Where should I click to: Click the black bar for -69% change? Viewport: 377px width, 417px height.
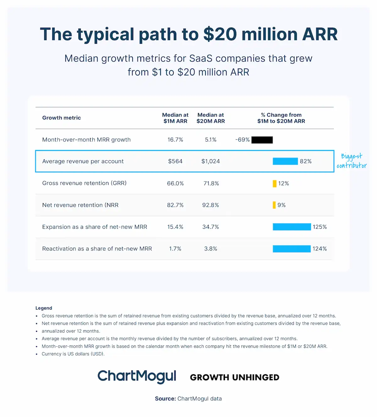262,140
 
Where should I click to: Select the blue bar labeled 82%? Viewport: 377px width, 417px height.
285,161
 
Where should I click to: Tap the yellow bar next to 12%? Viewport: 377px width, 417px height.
275,183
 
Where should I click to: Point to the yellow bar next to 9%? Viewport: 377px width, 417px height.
274,205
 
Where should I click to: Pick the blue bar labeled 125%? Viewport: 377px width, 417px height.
292,227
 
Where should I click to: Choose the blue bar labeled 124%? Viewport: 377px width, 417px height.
292,249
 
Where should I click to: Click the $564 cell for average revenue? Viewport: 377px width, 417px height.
175,161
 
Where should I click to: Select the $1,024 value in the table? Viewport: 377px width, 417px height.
210,161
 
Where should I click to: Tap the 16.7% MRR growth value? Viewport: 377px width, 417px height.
175,140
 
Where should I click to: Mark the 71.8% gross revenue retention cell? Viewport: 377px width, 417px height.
211,183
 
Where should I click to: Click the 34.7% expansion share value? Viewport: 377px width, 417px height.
210,227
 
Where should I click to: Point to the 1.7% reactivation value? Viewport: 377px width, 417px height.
175,249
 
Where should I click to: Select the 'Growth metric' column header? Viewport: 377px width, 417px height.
62,118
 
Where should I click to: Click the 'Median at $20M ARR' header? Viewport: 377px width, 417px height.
210,118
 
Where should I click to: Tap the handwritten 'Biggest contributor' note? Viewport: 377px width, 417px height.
352,161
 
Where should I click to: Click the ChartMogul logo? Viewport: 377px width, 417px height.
137,376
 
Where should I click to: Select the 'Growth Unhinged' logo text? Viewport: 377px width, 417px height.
235,377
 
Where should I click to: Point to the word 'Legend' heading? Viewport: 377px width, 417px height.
44,308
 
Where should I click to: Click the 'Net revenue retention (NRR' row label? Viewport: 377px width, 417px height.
80,205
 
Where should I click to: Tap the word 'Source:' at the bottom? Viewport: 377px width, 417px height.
165,399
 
